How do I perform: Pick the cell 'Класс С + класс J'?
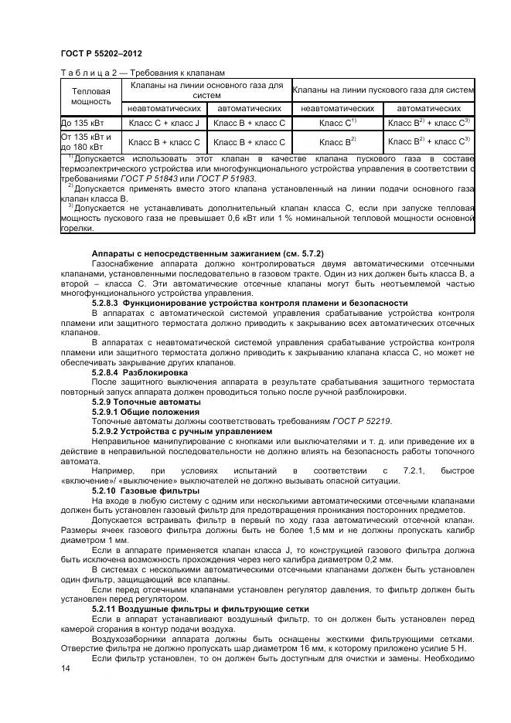pyautogui.click(x=164, y=122)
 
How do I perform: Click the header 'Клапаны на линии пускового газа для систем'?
pyautogui.click(x=383, y=89)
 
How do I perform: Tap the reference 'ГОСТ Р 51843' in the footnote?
pyautogui.click(x=158, y=178)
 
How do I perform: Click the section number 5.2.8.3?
pyautogui.click(x=105, y=304)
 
